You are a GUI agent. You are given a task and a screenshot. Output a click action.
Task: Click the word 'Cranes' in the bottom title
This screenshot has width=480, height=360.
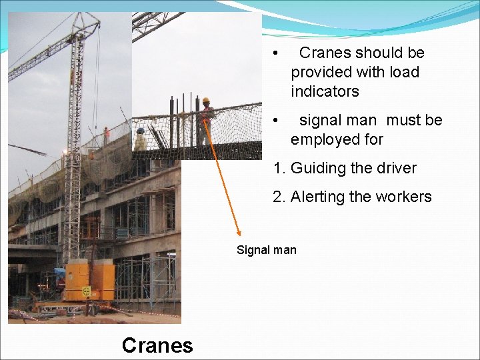pyautogui.click(x=157, y=345)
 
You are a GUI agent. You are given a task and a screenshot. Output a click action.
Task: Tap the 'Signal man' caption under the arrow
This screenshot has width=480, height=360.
pyautogui.click(x=267, y=250)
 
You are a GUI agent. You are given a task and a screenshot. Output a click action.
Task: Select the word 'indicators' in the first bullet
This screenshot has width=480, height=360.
pyautogui.click(x=325, y=91)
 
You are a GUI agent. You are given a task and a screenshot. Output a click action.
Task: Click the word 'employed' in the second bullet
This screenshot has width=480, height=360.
pyautogui.click(x=321, y=139)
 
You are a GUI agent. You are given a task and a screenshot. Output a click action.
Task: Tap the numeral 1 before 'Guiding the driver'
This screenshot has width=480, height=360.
pyautogui.click(x=277, y=168)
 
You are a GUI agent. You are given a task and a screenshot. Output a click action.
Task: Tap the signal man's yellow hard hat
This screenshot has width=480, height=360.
pyautogui.click(x=206, y=101)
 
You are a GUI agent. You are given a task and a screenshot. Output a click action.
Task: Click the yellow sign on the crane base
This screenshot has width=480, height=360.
pyautogui.click(x=86, y=291)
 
